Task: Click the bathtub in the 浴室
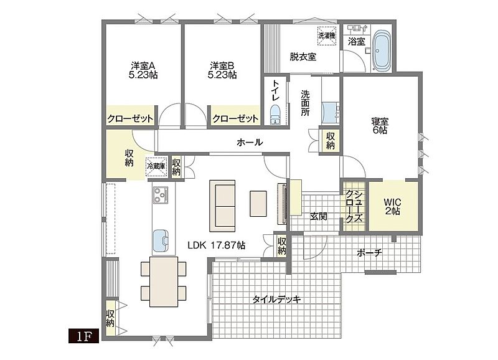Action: tap(382, 51)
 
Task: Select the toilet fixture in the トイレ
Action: tap(275, 115)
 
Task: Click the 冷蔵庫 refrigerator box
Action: tap(156, 166)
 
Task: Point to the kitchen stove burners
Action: tap(161, 194)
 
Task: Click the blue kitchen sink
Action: tap(161, 240)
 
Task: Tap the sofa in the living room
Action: tap(222, 206)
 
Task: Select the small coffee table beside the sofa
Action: tap(258, 204)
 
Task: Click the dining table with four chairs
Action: tap(164, 282)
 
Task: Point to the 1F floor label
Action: tap(84, 336)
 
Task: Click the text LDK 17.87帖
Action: tap(216, 245)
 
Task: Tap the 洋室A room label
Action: tap(143, 66)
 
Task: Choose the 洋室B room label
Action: tap(222, 66)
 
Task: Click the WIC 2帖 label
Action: tap(393, 207)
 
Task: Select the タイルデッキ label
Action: tap(276, 299)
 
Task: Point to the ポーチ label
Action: tap(369, 253)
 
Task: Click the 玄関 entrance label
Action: tap(319, 217)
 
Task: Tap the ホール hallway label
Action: tap(250, 142)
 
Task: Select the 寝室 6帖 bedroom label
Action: tap(380, 126)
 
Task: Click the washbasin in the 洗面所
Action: tap(330, 113)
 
